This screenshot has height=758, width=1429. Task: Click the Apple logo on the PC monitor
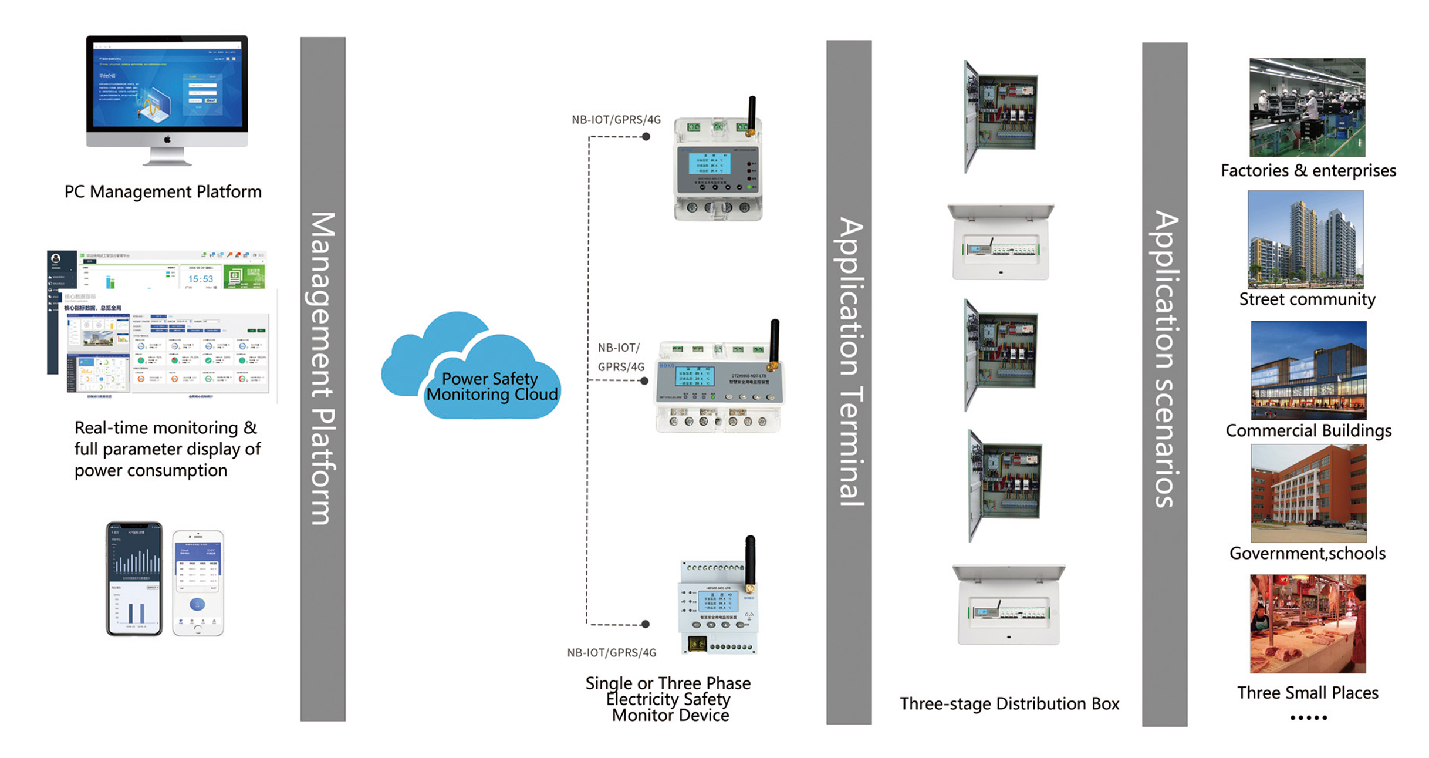pos(167,139)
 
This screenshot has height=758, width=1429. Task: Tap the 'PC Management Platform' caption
pos(163,192)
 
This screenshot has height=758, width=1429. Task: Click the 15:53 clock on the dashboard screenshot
pos(200,279)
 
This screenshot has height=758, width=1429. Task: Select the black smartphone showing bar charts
pos(134,578)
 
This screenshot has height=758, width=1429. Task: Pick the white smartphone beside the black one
pos(198,582)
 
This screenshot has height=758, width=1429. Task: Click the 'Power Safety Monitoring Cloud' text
pos(491,387)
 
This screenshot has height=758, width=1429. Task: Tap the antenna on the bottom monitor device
pos(750,561)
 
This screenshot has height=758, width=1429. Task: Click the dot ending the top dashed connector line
pos(646,137)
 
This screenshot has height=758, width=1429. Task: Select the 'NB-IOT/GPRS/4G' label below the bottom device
pos(612,653)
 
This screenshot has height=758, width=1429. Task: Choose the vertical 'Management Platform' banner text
pos(323,369)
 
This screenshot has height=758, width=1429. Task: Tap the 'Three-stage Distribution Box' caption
pos(1009,703)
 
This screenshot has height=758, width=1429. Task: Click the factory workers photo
pos(1307,107)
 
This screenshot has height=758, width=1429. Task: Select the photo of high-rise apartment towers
pos(1306,240)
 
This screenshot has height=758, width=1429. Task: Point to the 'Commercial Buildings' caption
pos(1308,431)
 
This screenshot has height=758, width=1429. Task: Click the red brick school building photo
pos(1308,493)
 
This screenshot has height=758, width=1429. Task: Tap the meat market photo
pos(1308,624)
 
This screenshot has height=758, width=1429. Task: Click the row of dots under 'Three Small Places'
pos(1308,717)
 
